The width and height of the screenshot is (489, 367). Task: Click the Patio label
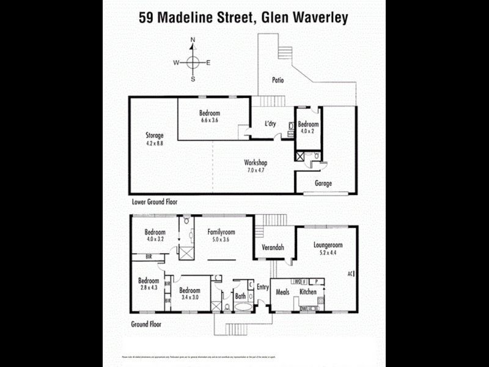pyautogui.click(x=280, y=80)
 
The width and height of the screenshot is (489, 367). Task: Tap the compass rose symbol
pyautogui.click(x=193, y=62)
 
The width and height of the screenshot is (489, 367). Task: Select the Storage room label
pyautogui.click(x=154, y=135)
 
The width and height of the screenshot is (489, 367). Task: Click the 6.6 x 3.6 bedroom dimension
pyautogui.click(x=210, y=120)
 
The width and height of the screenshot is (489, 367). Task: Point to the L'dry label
pyautogui.click(x=270, y=124)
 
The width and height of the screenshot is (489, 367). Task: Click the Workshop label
pyautogui.click(x=256, y=163)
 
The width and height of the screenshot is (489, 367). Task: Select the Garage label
pyautogui.click(x=323, y=183)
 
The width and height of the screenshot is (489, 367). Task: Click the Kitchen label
pyautogui.click(x=308, y=292)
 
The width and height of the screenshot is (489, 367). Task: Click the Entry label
pyautogui.click(x=263, y=286)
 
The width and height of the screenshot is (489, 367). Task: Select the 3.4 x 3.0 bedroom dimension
pyautogui.click(x=189, y=297)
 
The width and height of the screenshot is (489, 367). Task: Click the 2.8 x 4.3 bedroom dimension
pyautogui.click(x=149, y=287)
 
